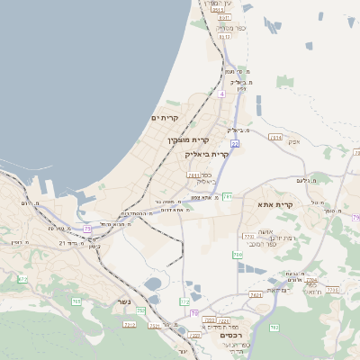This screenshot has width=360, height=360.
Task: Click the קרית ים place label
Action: (x=165, y=118)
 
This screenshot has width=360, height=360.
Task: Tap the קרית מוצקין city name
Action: (x=187, y=139)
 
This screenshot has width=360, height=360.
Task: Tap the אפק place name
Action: (x=293, y=142)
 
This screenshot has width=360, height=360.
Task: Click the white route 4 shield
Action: (x=221, y=93)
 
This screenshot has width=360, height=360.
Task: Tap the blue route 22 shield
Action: (x=234, y=143)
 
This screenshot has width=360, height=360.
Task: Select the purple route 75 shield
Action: (x=87, y=229)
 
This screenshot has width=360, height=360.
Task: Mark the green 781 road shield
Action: (x=228, y=196)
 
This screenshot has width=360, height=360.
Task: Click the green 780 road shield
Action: (x=238, y=256)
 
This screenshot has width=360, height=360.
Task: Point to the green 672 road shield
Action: (x=22, y=279)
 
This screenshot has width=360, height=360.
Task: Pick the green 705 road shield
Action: (x=76, y=301)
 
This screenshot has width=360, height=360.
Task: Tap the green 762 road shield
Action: (x=274, y=328)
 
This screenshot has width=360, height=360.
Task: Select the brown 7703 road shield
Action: (x=248, y=237)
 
